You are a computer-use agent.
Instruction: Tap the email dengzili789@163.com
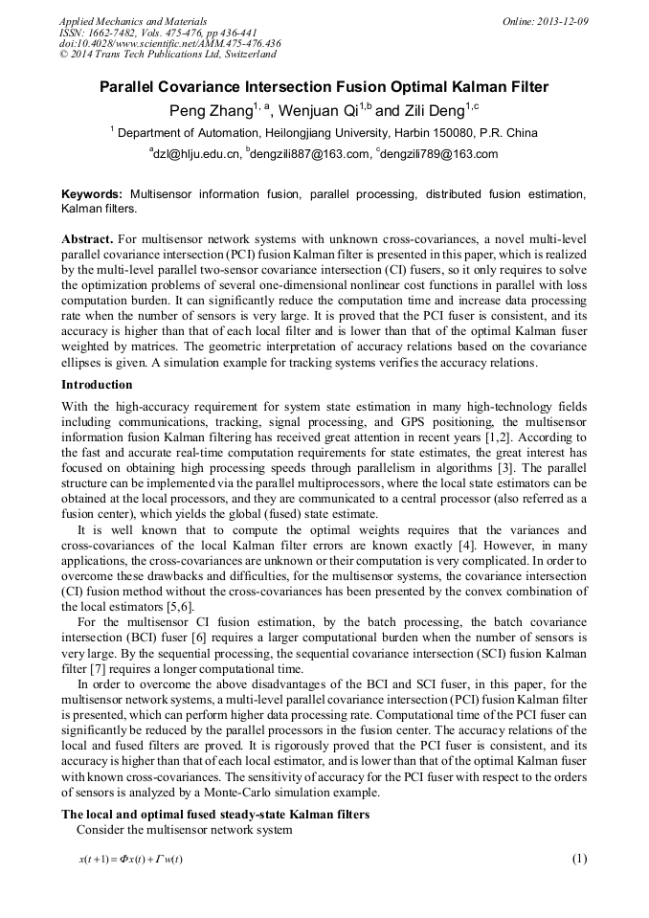pyautogui.click(x=439, y=154)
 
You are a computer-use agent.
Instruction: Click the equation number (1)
pyautogui.click(x=578, y=858)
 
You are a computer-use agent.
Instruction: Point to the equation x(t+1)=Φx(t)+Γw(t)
pyautogui.click(x=131, y=859)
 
